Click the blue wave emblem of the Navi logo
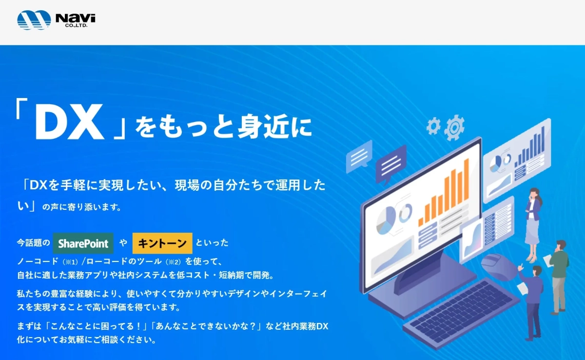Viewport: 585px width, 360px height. [34, 20]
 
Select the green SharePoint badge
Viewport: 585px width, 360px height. [83, 243]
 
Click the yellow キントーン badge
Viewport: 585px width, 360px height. [162, 243]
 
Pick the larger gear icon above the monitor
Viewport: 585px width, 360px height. [454, 128]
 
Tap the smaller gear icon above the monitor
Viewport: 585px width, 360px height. [433, 126]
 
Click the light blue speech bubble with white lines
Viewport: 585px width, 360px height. [359, 157]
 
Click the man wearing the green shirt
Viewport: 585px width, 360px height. [559, 274]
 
